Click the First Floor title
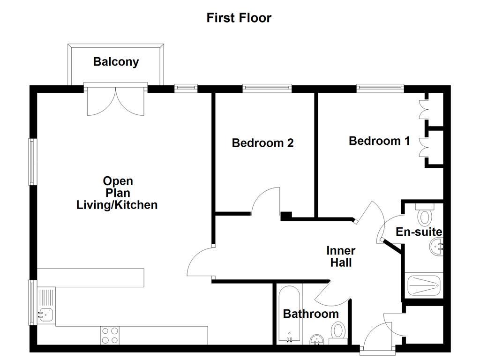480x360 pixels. coord(239,18)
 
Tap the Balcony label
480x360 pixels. coord(116,62)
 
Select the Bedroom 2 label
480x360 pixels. coord(262,143)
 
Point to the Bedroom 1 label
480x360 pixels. coord(379,141)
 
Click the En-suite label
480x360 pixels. coord(419,232)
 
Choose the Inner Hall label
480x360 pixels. coord(341,257)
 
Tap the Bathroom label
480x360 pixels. coord(310,314)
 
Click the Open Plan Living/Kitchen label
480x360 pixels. coord(117,193)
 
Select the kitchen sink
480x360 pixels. coord(45,314)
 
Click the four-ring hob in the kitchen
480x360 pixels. coord(110,336)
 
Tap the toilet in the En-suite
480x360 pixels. coord(425,216)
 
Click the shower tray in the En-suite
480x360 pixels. coord(424,285)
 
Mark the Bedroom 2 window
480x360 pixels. coord(267,88)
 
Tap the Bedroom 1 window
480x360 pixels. coord(380,88)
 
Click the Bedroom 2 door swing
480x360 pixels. coord(267,202)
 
